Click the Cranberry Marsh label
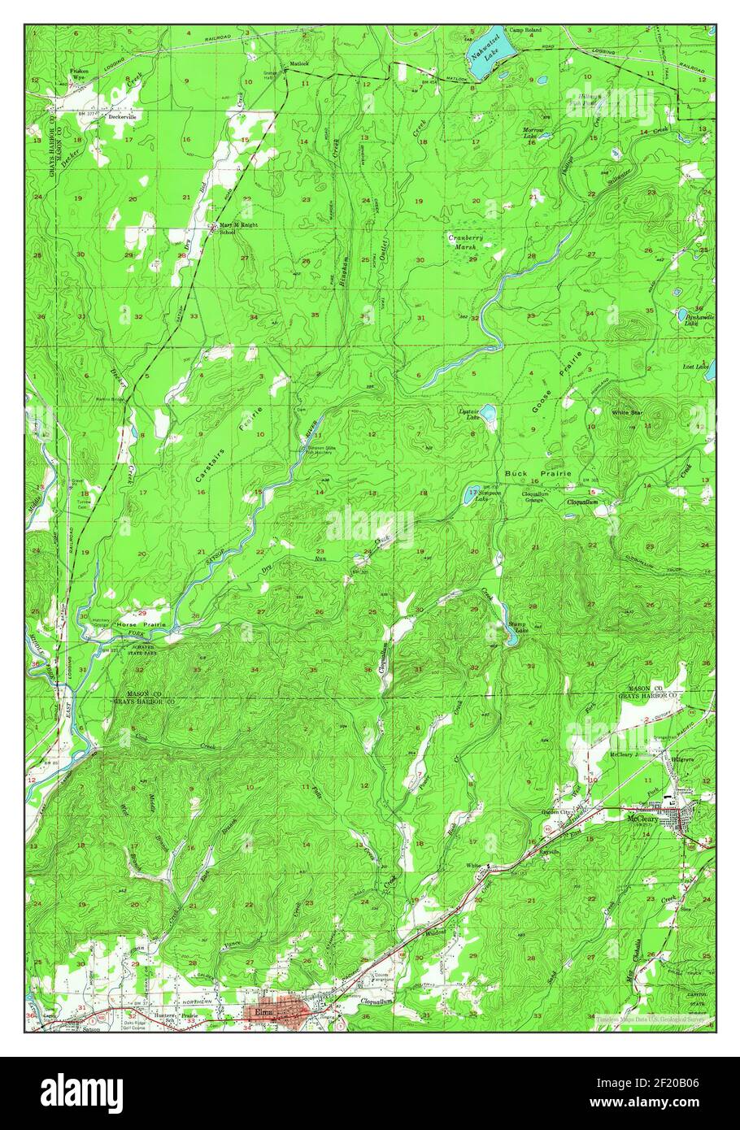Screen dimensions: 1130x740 (466, 241)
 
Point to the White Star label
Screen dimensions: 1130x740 (627, 413)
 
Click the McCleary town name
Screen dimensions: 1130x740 (646, 819)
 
